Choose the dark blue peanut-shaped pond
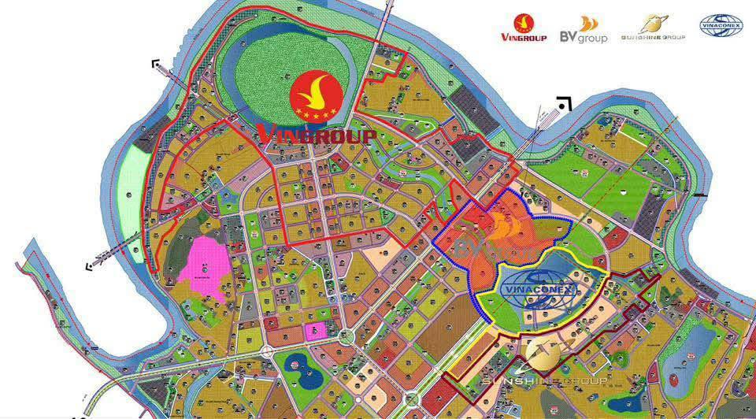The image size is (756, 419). click(x=300, y=364)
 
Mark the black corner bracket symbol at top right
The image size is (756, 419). click(x=563, y=103)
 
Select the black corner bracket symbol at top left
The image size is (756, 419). click(x=157, y=64)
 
